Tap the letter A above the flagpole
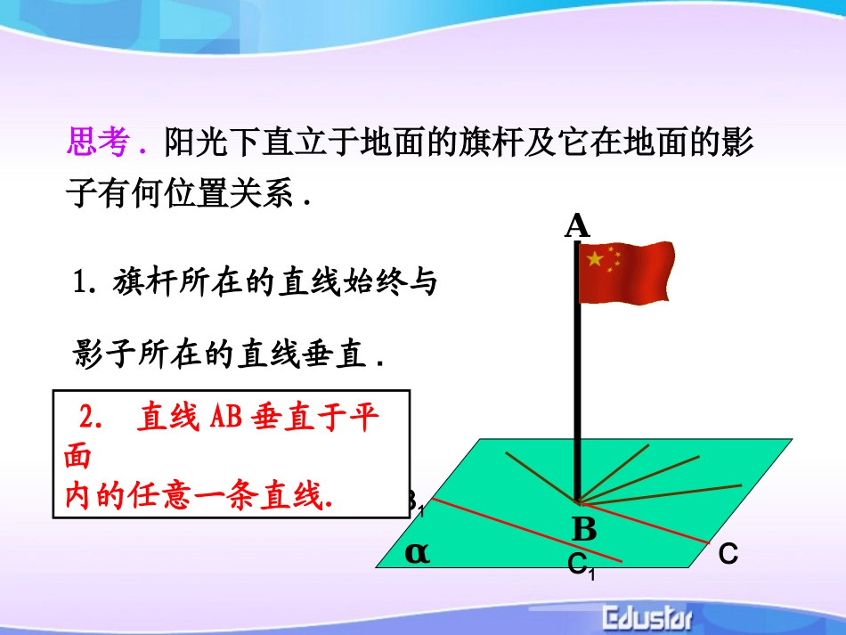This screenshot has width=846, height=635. coord(577,226)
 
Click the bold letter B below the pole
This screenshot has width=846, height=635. coord(584,530)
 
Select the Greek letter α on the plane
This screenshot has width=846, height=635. coord(417,552)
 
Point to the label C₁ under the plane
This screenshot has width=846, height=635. coord(581,565)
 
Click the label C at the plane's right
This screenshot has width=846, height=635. coord(728,555)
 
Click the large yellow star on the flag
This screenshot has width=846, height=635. coord(594,259)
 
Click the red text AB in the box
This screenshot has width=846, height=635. coord(225,418)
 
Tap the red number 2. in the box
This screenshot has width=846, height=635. coord(92,418)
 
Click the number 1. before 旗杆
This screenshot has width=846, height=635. coord(86,284)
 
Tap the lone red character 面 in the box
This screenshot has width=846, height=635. coord(77,457)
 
